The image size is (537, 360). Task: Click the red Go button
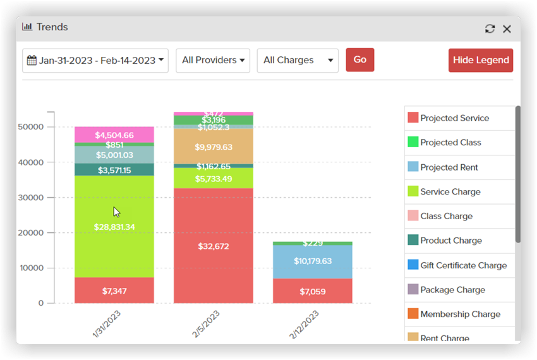pos(359,60)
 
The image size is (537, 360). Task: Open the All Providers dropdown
pos(213,61)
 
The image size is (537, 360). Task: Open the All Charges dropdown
pos(298,61)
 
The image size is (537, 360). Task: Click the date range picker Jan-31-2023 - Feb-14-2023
pos(95,61)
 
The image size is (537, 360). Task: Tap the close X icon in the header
pos(507,29)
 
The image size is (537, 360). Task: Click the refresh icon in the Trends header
pos(490,29)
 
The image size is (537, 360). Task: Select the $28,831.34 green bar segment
pos(114,226)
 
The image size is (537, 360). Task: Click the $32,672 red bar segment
pos(213,246)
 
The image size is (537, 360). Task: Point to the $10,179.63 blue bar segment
pos(313,261)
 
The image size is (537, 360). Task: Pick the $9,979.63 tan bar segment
pos(213,147)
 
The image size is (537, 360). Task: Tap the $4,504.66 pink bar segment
pos(114,135)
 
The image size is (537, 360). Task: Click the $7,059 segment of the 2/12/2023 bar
pos(313,291)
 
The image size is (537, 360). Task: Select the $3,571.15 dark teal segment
pos(114,170)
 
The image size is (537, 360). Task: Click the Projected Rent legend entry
pos(449,167)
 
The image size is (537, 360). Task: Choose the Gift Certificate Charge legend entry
pos(463,265)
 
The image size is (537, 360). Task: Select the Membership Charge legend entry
pos(460,314)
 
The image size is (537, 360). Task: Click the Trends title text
pos(52,27)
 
